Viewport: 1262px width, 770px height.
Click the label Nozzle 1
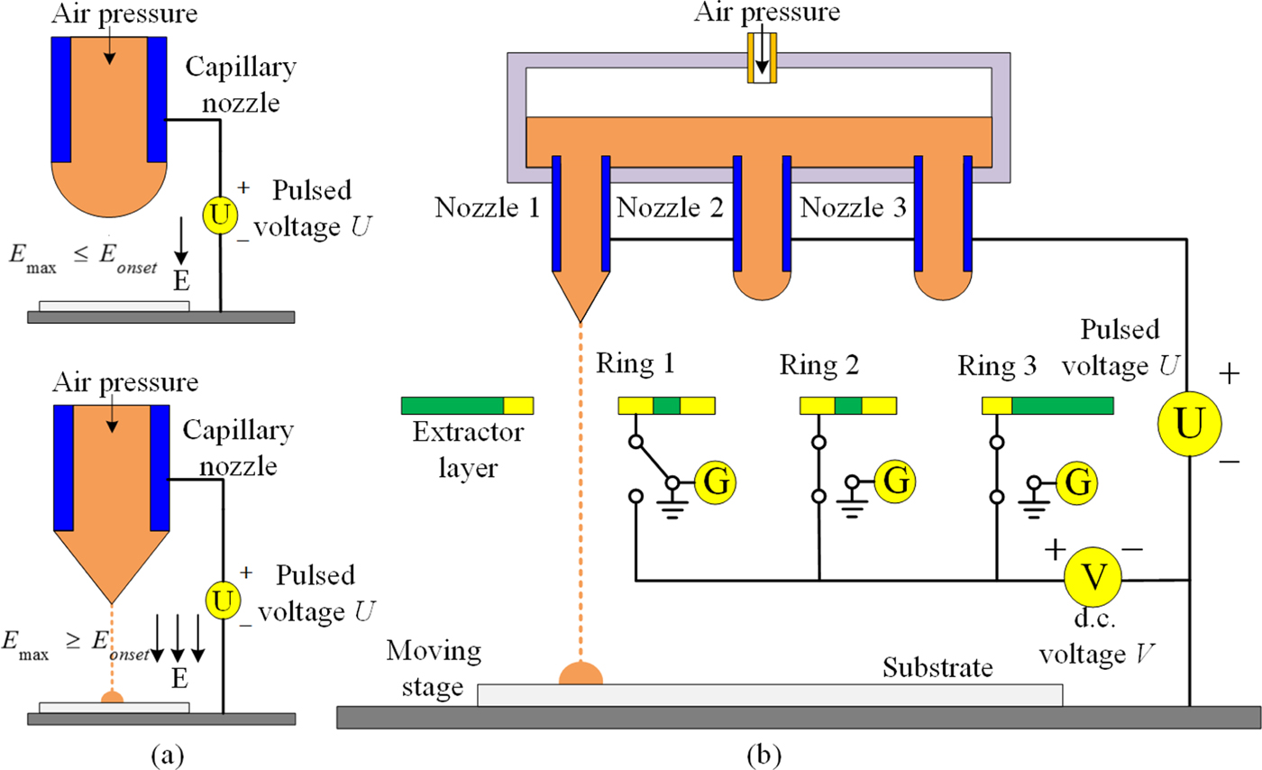point(487,210)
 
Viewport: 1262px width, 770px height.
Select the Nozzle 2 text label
point(670,210)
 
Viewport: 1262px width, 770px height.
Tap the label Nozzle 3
point(853,210)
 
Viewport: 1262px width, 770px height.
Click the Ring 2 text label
point(818,366)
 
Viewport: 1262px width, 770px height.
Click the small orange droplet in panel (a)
point(112,695)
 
